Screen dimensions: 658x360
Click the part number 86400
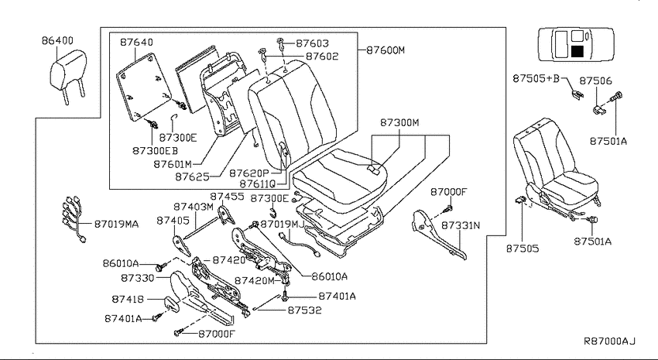(x=57, y=41)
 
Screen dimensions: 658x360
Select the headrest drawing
(x=68, y=77)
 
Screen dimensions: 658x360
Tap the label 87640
(x=136, y=43)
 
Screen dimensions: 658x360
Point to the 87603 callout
(x=313, y=43)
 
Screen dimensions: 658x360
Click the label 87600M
(x=386, y=50)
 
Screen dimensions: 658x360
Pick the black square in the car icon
(x=577, y=52)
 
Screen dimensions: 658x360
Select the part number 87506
(x=596, y=81)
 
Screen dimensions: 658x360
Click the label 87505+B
(x=536, y=78)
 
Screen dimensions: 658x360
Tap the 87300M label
(x=400, y=123)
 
